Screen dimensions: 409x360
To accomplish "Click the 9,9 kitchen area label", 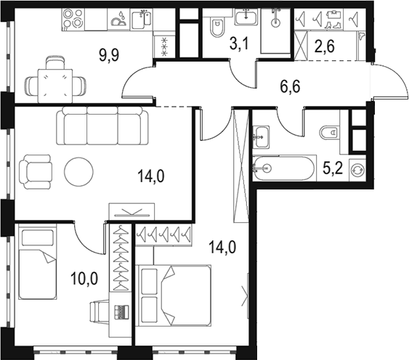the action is [109, 55].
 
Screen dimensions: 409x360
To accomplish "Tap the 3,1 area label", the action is [240, 44].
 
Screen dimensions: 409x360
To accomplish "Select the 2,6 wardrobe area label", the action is [325, 47].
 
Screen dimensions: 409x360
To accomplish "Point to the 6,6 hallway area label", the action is [290, 86].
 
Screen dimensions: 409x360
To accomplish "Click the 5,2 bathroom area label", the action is [332, 168].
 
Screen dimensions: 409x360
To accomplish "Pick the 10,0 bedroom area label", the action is [84, 278].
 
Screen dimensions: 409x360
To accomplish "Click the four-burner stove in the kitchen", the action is [73, 20].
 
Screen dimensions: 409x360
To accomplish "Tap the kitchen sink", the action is [141, 20].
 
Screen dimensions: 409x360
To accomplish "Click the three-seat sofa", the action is [102, 126].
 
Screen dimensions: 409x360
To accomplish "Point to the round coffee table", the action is [78, 171].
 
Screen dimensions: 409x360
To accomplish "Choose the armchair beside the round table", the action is [35, 172].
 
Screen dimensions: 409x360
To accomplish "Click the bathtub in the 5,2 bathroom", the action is [283, 168].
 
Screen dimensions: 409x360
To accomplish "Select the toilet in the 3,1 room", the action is [217, 27].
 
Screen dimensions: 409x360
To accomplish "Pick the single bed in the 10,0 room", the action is [38, 263].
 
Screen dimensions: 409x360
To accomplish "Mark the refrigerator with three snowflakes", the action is [164, 46].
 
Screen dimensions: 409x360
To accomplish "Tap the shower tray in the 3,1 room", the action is [275, 31].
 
